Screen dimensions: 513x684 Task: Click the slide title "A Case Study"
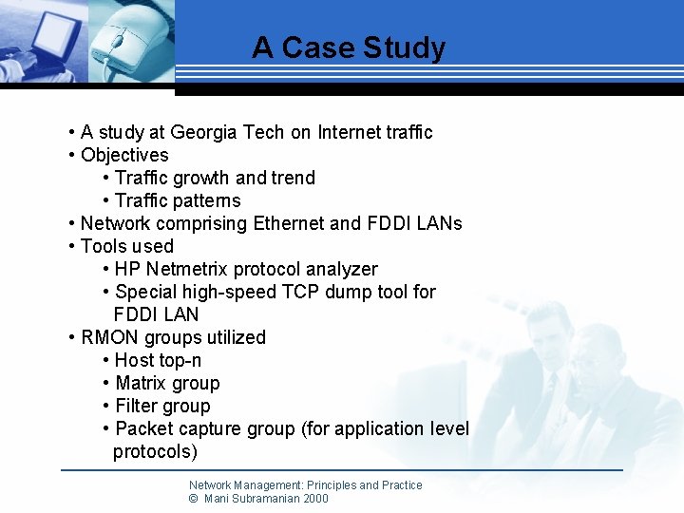coord(349,47)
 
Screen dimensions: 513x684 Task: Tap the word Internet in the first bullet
coord(350,132)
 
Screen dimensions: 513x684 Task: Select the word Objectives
coord(124,155)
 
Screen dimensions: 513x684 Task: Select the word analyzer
coord(341,269)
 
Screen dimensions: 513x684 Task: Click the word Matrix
coord(142,383)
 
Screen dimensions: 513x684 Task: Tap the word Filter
coord(137,406)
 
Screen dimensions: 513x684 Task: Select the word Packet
coord(143,428)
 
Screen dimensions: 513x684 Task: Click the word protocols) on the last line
coord(155,451)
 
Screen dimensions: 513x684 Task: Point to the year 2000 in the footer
coord(314,498)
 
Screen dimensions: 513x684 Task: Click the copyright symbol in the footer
coord(194,498)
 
